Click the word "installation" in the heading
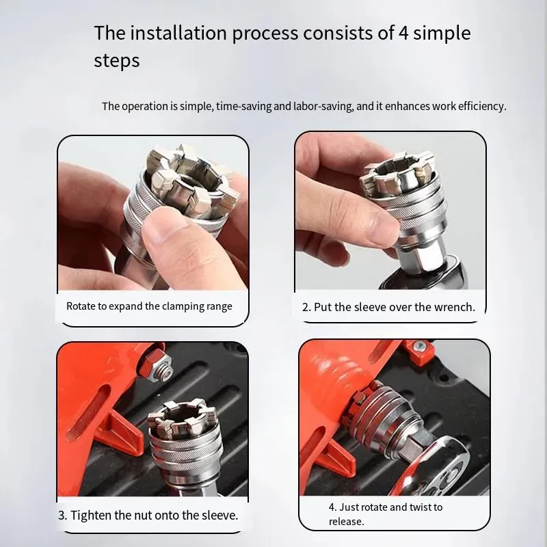coord(178,33)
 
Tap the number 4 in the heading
coord(403,34)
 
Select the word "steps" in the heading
coord(116,61)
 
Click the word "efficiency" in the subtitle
coord(482,106)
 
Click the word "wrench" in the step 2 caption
coord(455,307)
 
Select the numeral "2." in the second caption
coord(306,307)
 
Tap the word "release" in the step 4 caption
coord(346,522)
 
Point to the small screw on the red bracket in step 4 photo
coord(418,347)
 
